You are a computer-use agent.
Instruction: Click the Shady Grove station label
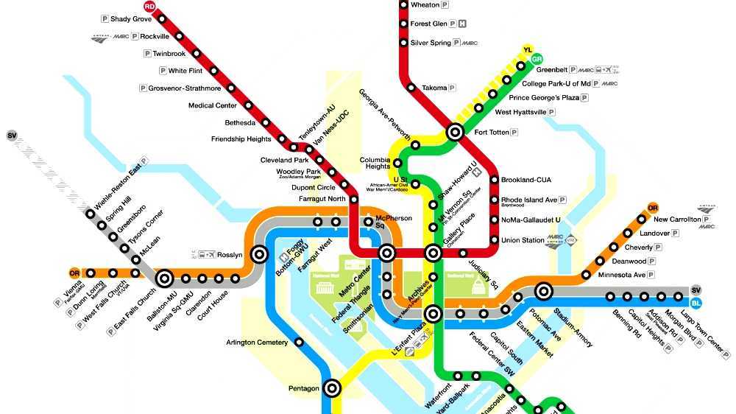click(131, 18)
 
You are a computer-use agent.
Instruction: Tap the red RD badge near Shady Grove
click(150, 6)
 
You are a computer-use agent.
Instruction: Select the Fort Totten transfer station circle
click(455, 133)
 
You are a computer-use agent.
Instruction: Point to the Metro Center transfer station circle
click(387, 254)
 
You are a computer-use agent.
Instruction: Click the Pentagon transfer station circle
click(332, 387)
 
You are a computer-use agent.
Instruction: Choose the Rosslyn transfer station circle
click(258, 254)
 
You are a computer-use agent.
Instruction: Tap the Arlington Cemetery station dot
click(299, 342)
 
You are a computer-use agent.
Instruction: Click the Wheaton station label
click(425, 5)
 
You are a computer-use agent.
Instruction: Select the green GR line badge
click(537, 59)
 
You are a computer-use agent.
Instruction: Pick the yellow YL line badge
click(527, 50)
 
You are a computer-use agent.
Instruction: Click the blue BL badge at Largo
click(696, 303)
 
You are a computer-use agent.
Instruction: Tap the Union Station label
click(523, 240)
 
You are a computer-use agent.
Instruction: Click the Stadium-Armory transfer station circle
click(544, 291)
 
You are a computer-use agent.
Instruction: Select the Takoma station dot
click(411, 88)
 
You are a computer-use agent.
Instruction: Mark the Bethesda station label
click(240, 122)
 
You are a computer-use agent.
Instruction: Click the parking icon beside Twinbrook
click(147, 54)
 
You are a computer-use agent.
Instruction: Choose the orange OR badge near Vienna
click(74, 273)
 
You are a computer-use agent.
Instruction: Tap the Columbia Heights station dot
click(397, 163)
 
